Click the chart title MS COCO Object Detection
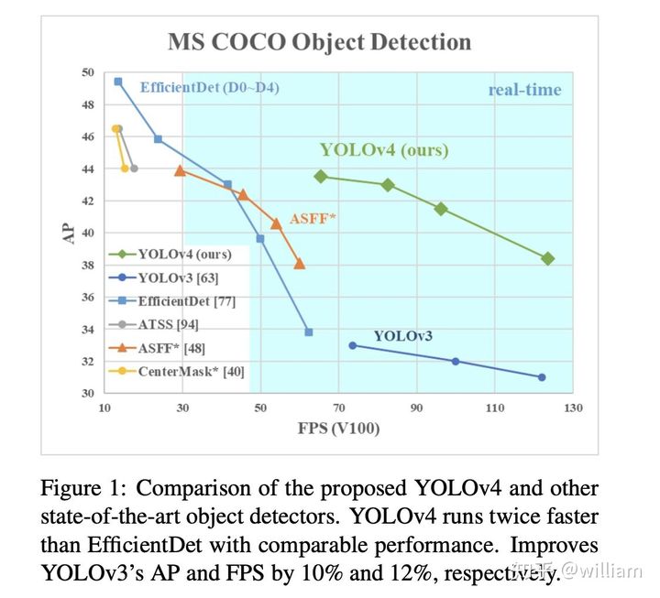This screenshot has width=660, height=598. (x=319, y=41)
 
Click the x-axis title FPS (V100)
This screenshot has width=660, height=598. (x=337, y=428)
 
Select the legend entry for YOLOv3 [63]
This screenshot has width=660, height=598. (x=178, y=277)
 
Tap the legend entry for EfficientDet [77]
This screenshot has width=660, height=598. (x=187, y=300)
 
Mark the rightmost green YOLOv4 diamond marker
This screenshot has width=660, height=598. (x=548, y=259)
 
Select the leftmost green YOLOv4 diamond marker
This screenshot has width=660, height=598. (x=321, y=176)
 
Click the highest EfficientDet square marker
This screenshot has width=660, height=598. (x=118, y=82)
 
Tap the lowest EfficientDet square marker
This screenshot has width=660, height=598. (x=309, y=332)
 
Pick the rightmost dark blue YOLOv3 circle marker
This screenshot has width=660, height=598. (x=542, y=377)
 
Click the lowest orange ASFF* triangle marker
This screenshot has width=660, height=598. (x=299, y=264)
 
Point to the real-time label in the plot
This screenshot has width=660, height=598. (x=524, y=90)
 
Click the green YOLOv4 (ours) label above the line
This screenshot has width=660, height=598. (x=384, y=150)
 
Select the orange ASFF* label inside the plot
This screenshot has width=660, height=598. (x=311, y=219)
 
